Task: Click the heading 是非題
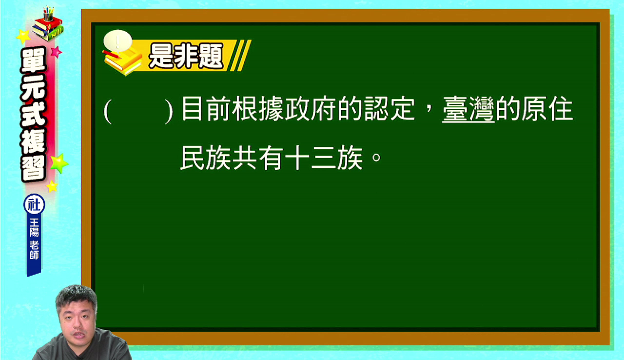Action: point(186,56)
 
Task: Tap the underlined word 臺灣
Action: point(468,109)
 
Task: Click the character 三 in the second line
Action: point(323,158)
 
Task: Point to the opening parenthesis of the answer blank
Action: point(108,111)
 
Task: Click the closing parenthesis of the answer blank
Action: point(169,111)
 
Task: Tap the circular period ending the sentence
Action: point(376,158)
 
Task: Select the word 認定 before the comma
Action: point(390,109)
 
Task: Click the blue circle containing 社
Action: point(34,204)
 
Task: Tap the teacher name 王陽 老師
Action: point(34,239)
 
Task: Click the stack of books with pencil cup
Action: point(48,24)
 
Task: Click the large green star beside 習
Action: point(59,163)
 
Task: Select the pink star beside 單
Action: point(56,52)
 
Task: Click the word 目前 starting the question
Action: point(206,109)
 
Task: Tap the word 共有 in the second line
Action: point(258,158)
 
